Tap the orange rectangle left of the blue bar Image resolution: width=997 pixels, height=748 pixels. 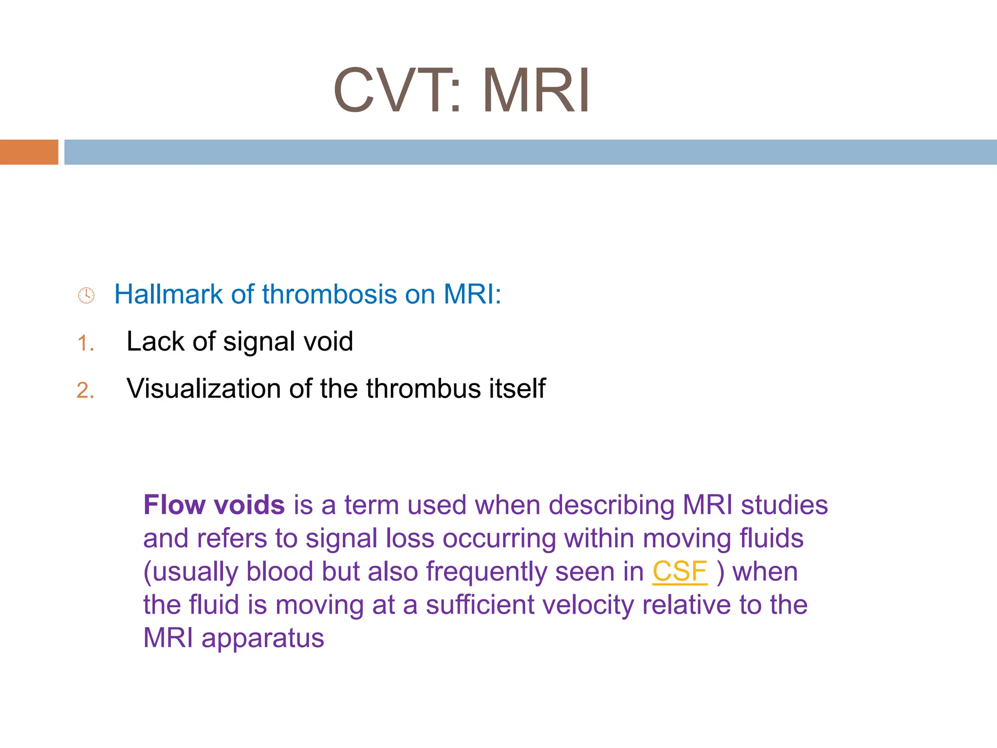(29, 152)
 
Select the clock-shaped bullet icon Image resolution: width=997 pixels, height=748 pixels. (86, 295)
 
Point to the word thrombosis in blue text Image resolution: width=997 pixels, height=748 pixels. (330, 294)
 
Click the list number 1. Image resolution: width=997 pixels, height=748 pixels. (85, 343)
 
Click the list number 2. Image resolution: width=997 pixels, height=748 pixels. (85, 391)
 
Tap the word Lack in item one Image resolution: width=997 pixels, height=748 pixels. (155, 341)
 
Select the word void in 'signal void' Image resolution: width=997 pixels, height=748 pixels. (328, 341)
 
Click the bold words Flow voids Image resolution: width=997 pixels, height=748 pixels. (214, 505)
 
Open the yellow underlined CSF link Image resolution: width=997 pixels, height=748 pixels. (680, 571)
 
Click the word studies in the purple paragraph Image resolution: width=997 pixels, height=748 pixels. (784, 505)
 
